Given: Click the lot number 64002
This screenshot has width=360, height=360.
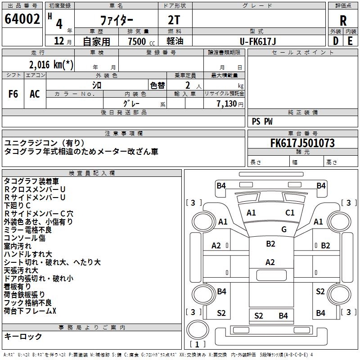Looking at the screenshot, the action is click(22, 20).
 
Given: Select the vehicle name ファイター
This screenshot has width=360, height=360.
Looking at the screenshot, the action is click(116, 21).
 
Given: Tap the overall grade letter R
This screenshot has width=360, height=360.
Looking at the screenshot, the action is click(343, 21).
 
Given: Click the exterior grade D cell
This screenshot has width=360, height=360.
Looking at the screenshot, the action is click(335, 41).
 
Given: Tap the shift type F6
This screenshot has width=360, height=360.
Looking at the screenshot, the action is click(13, 94).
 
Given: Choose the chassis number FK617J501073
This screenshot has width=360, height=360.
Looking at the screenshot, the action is click(302, 144).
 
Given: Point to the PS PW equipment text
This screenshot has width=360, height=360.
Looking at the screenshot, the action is click(262, 121).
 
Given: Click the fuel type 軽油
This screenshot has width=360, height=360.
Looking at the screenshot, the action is click(175, 41).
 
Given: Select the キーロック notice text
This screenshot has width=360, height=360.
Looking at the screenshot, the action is click(23, 336).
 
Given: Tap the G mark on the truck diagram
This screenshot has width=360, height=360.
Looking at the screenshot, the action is click(284, 229).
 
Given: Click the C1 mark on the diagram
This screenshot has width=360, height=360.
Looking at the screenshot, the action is click(290, 213).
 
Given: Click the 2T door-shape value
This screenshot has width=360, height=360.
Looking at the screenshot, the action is click(175, 21).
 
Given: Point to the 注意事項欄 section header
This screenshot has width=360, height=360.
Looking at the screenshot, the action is click(124, 134).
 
